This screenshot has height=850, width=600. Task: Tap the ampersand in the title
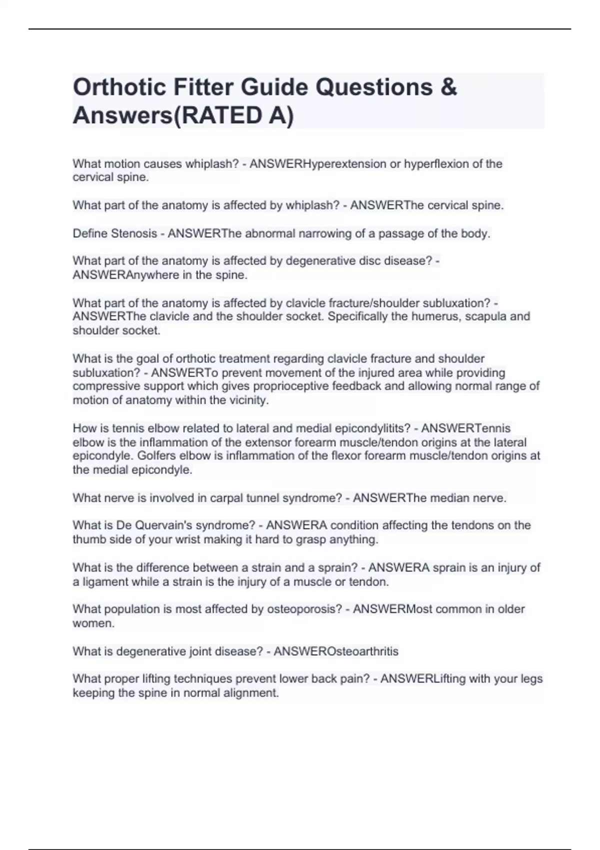[449, 87]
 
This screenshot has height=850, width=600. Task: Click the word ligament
[104, 582]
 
